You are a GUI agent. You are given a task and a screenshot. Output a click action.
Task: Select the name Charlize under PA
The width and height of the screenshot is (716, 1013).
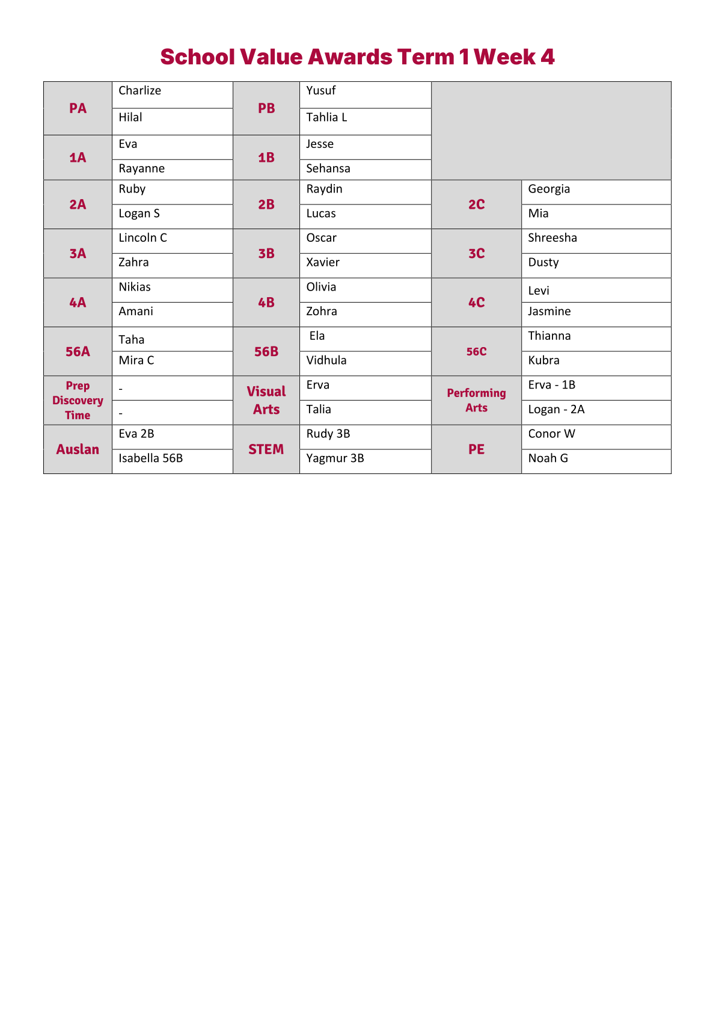(x=139, y=91)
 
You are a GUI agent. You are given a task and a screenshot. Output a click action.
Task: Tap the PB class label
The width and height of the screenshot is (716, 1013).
(x=266, y=108)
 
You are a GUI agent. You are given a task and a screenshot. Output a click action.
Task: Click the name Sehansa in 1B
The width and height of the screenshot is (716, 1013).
(x=328, y=169)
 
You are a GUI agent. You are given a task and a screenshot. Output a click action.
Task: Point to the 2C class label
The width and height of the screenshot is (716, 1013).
(x=476, y=205)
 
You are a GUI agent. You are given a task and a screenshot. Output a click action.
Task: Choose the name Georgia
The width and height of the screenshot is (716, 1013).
(x=549, y=189)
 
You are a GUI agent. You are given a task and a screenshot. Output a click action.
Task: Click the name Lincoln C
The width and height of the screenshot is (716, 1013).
(x=142, y=238)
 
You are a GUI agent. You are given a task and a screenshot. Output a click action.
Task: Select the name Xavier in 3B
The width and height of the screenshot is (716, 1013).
(x=323, y=262)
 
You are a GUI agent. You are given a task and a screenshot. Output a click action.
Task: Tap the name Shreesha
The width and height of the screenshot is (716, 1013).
(x=552, y=238)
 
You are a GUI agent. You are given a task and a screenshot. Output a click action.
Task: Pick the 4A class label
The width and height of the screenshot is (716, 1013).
(x=78, y=303)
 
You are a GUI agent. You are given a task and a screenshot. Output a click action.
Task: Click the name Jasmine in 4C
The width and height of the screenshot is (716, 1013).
(x=549, y=312)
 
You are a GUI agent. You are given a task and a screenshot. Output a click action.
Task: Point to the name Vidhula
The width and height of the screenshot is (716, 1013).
(x=326, y=360)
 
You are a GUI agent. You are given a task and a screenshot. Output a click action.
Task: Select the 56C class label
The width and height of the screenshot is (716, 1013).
(x=476, y=352)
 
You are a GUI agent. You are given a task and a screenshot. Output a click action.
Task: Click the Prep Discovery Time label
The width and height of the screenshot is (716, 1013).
(x=78, y=401)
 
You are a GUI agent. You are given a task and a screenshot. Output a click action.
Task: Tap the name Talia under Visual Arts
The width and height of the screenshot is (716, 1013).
(x=319, y=410)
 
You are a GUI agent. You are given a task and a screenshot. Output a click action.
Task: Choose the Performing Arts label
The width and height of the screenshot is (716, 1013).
(x=476, y=401)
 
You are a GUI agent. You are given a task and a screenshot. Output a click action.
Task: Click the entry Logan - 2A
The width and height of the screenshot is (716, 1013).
(x=556, y=410)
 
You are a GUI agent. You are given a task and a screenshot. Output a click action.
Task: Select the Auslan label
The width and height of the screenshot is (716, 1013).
(x=78, y=449)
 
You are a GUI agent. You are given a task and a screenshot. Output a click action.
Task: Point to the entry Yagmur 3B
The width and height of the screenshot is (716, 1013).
(x=335, y=458)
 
